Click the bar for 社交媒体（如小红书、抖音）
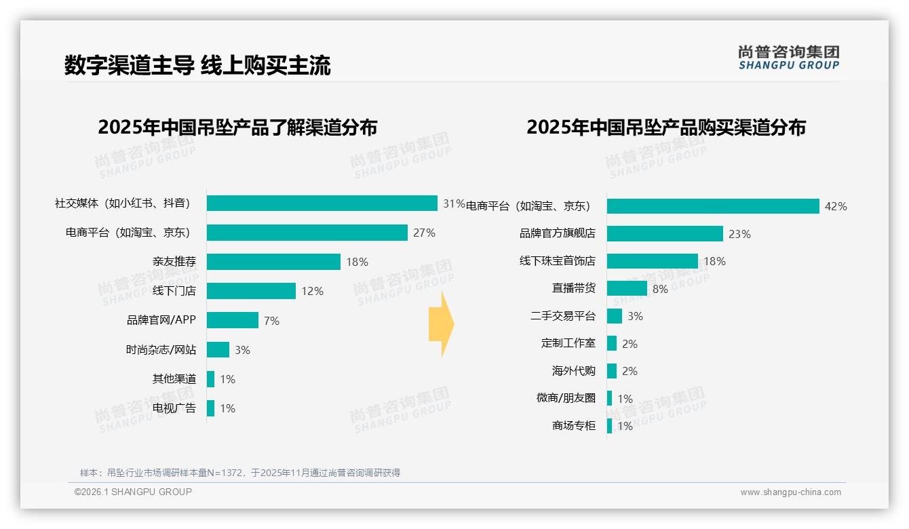(x=322, y=203)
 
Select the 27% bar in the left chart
(x=307, y=233)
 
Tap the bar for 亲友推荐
(x=273, y=262)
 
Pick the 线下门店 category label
(x=174, y=291)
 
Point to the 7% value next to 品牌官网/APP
(x=271, y=321)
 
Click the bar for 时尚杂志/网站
(x=218, y=350)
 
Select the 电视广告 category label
(x=174, y=408)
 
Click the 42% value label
(x=836, y=206)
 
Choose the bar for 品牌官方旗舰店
(x=665, y=234)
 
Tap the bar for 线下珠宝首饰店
(x=652, y=261)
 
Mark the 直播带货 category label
(x=573, y=288)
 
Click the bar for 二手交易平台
(x=615, y=316)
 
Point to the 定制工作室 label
(x=568, y=343)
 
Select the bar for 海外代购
(x=612, y=371)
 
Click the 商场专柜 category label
(x=573, y=426)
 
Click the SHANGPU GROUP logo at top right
(x=788, y=58)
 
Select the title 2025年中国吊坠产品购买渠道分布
(x=665, y=128)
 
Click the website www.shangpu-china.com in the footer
(x=790, y=492)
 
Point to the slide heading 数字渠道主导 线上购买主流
(x=197, y=66)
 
